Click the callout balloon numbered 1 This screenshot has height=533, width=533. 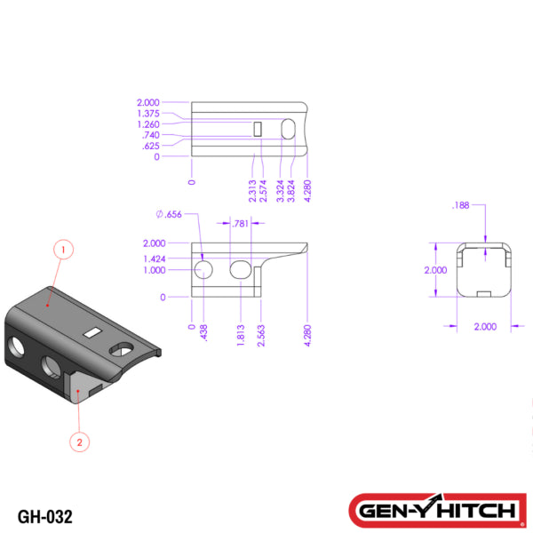coord(62,251)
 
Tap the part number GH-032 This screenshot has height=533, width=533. coord(44,515)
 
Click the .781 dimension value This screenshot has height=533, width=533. coord(239,224)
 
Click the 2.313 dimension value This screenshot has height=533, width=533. coord(253,188)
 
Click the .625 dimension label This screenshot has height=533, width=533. coord(150,146)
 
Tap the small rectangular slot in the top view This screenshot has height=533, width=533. coord(258,130)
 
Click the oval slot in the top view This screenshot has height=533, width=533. coord(288,130)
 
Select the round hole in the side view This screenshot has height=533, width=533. coord(203,269)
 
